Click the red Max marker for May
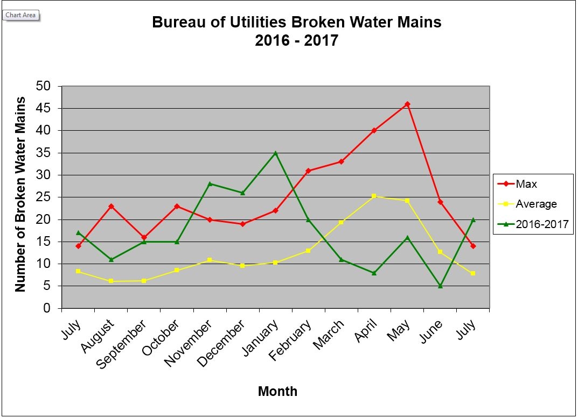[x=407, y=104]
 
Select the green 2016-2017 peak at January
[x=275, y=153]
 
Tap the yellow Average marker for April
[x=374, y=196]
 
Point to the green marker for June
[x=440, y=286]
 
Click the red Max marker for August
[x=111, y=206]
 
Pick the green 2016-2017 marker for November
[x=210, y=183]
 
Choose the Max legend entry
[x=526, y=184]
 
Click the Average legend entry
[x=535, y=204]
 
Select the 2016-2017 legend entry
[x=542, y=225]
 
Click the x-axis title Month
[x=277, y=391]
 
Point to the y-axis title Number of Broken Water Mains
[x=20, y=194]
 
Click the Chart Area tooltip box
[x=21, y=15]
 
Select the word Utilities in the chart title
[x=256, y=23]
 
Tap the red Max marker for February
[x=308, y=171]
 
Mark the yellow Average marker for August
[x=111, y=281]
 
